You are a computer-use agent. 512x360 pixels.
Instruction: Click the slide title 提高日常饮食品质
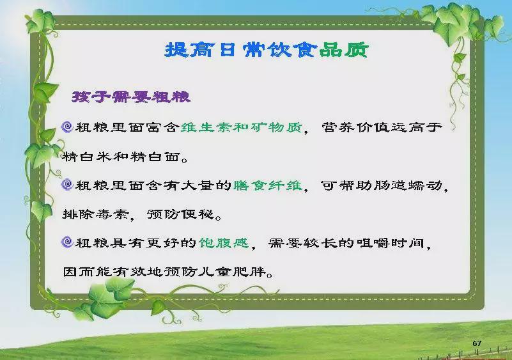coord(267,50)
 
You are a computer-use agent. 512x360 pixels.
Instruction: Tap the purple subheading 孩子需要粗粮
coord(131,97)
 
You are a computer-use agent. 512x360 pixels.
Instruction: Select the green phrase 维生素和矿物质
coord(242,127)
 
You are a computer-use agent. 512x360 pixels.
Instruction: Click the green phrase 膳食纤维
coord(268,185)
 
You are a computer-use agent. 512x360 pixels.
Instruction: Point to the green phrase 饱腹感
coord(224,243)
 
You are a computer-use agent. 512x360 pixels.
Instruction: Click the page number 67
coord(477,343)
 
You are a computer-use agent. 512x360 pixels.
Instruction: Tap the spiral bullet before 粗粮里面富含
coord(67,127)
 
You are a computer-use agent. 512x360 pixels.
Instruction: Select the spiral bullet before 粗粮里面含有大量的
coord(67,185)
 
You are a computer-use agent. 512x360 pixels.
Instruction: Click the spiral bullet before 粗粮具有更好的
coord(67,242)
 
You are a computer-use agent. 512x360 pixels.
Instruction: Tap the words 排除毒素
coord(96,214)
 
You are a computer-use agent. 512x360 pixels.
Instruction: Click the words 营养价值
coord(356,127)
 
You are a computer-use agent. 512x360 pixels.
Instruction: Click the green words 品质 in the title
coord(343,50)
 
